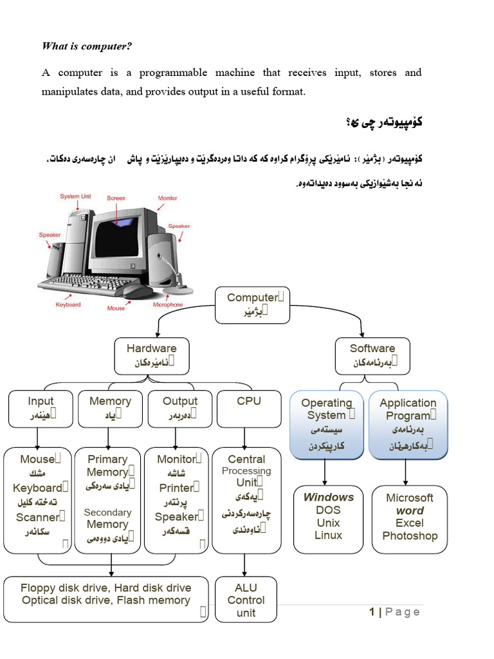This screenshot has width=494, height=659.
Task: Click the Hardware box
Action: [151, 355]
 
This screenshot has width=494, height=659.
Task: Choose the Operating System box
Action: [327, 424]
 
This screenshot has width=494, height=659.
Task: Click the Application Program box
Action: [408, 424]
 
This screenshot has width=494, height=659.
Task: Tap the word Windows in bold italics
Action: [329, 497]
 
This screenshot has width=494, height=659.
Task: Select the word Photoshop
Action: [410, 535]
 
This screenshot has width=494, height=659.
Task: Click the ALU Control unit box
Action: [246, 600]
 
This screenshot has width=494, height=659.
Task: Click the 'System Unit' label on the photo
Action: [75, 196]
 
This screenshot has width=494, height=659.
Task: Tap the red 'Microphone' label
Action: [167, 304]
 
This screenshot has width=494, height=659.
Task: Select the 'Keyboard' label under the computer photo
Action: [69, 304]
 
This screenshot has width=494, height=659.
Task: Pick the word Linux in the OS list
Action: [329, 535]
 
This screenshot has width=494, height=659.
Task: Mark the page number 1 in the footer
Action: [372, 612]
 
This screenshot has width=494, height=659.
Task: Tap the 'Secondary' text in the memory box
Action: [107, 512]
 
